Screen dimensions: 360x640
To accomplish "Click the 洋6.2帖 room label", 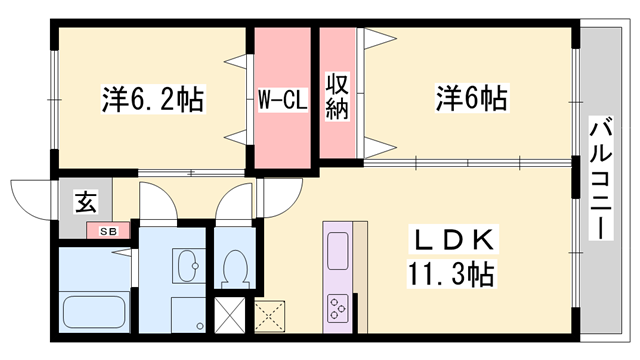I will [152, 99].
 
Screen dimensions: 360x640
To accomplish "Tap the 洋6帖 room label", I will [470, 99].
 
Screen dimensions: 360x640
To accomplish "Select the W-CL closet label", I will [281, 100].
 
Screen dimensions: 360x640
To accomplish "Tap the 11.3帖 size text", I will [452, 272].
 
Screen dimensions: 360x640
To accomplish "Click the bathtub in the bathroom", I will [95, 309].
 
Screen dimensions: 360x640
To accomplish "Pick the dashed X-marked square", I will [270, 315].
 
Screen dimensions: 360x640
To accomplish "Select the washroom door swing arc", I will [160, 200].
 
